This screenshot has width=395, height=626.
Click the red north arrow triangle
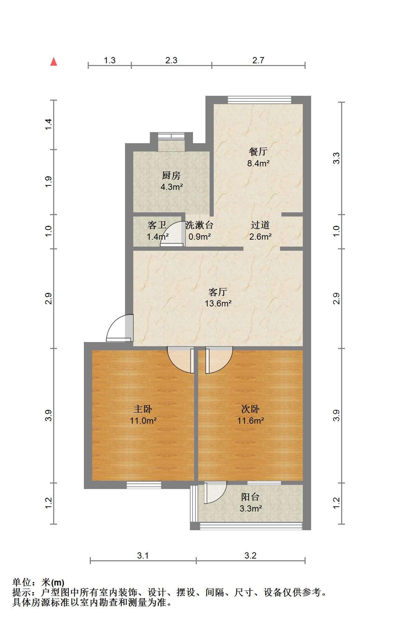point(54,62)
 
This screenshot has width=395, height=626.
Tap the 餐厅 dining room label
point(258,151)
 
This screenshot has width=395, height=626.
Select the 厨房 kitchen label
point(171,176)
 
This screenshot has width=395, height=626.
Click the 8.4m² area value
point(258,163)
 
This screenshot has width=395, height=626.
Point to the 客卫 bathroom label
point(157,225)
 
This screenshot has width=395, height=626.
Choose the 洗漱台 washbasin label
point(199,225)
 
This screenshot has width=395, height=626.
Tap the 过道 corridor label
point(260,225)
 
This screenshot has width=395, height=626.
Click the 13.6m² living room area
point(218,304)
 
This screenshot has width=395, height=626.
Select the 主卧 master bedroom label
point(143,409)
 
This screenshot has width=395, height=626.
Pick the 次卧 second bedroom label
point(250,409)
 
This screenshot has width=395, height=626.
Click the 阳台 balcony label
point(250,497)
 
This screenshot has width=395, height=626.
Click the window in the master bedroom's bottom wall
point(144,485)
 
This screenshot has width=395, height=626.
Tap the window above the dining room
point(260,100)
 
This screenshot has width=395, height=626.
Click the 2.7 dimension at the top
point(258,60)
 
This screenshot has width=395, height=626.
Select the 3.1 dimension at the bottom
point(143,555)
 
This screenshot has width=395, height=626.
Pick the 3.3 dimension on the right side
point(337,158)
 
